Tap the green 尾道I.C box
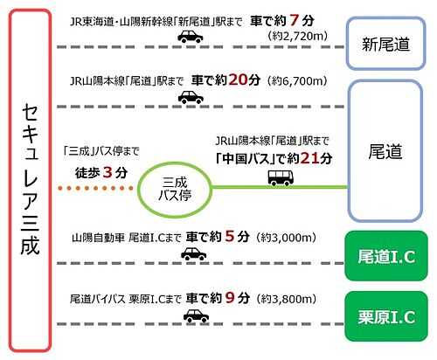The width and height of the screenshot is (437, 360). [x=386, y=256]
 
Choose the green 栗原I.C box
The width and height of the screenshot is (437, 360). [x=386, y=316]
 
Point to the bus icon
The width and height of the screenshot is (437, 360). [x=281, y=178]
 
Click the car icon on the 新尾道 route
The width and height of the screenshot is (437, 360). [x=191, y=37]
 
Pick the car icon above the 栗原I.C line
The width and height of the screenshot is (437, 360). [x=196, y=315]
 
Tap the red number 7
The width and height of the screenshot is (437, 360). [x=294, y=21]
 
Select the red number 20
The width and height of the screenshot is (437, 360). [x=238, y=80]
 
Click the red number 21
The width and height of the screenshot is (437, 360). [x=309, y=158]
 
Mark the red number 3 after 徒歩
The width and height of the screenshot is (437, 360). [x=108, y=173]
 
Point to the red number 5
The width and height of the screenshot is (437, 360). [x=230, y=237]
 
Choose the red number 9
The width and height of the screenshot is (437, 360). [x=230, y=298]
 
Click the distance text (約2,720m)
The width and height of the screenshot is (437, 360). [x=297, y=36]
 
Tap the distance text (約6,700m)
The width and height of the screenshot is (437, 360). [x=297, y=80]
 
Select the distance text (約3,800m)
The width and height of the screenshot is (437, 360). [x=286, y=299]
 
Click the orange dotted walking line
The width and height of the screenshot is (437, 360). [x=95, y=188]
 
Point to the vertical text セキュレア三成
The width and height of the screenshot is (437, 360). [x=30, y=179]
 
